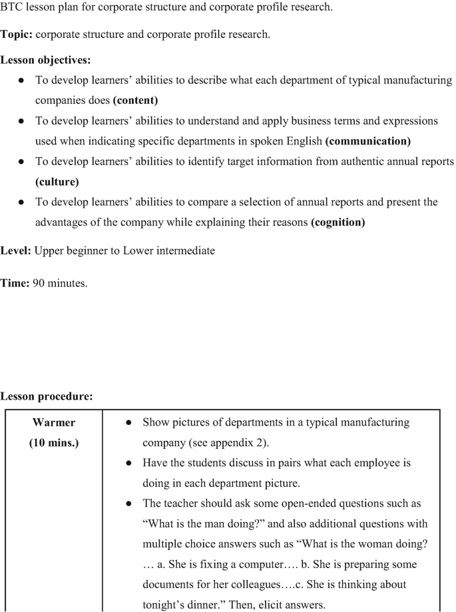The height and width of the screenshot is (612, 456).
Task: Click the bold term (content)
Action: (135, 101)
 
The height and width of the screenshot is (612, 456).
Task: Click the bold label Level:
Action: (16, 251)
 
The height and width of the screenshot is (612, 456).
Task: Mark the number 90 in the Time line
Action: (39, 283)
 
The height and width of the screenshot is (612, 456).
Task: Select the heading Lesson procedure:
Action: (46, 396)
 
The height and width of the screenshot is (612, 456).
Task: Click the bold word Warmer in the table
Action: (54, 422)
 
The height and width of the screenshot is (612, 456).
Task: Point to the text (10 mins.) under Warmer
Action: (54, 442)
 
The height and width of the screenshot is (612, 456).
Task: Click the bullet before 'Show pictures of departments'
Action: (127, 423)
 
